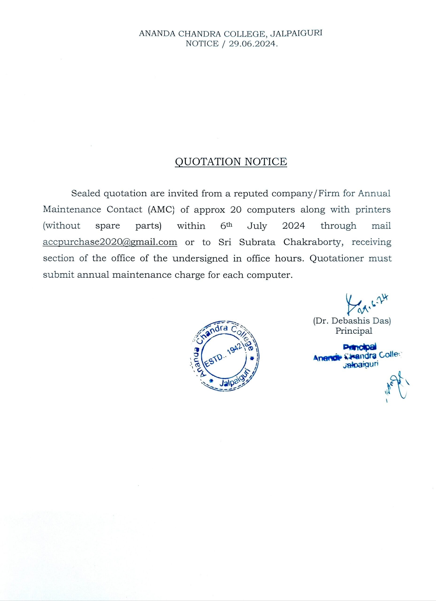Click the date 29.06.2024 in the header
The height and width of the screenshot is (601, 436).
pos(253,44)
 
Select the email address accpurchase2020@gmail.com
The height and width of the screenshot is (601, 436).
pos(110,242)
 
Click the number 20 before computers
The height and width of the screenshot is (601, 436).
pos(236,209)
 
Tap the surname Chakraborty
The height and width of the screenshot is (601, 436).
pos(312,242)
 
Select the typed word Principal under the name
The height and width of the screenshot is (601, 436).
pos(354,331)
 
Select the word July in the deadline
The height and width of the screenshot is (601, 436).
pos(257,226)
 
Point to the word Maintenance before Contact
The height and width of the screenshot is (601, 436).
pos(72,209)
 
